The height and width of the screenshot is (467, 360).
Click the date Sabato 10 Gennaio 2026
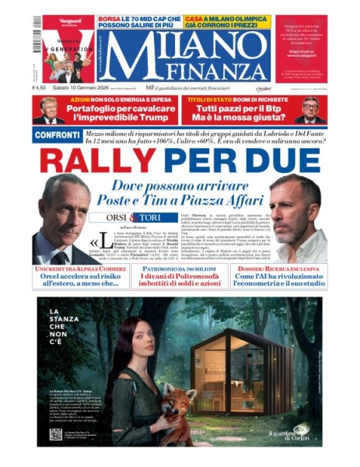coord(82,88)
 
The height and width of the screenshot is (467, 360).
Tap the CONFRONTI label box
coord(56,135)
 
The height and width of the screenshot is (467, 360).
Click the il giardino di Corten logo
coord(290,433)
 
